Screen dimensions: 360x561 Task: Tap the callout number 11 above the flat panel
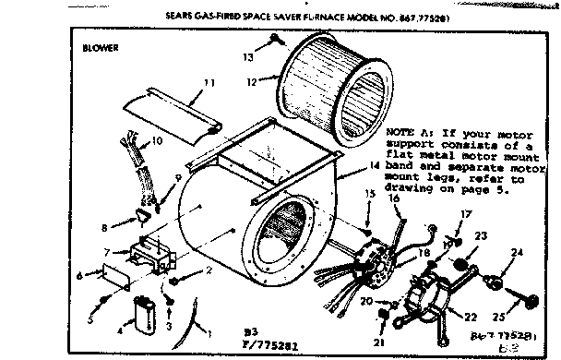[209, 83]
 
